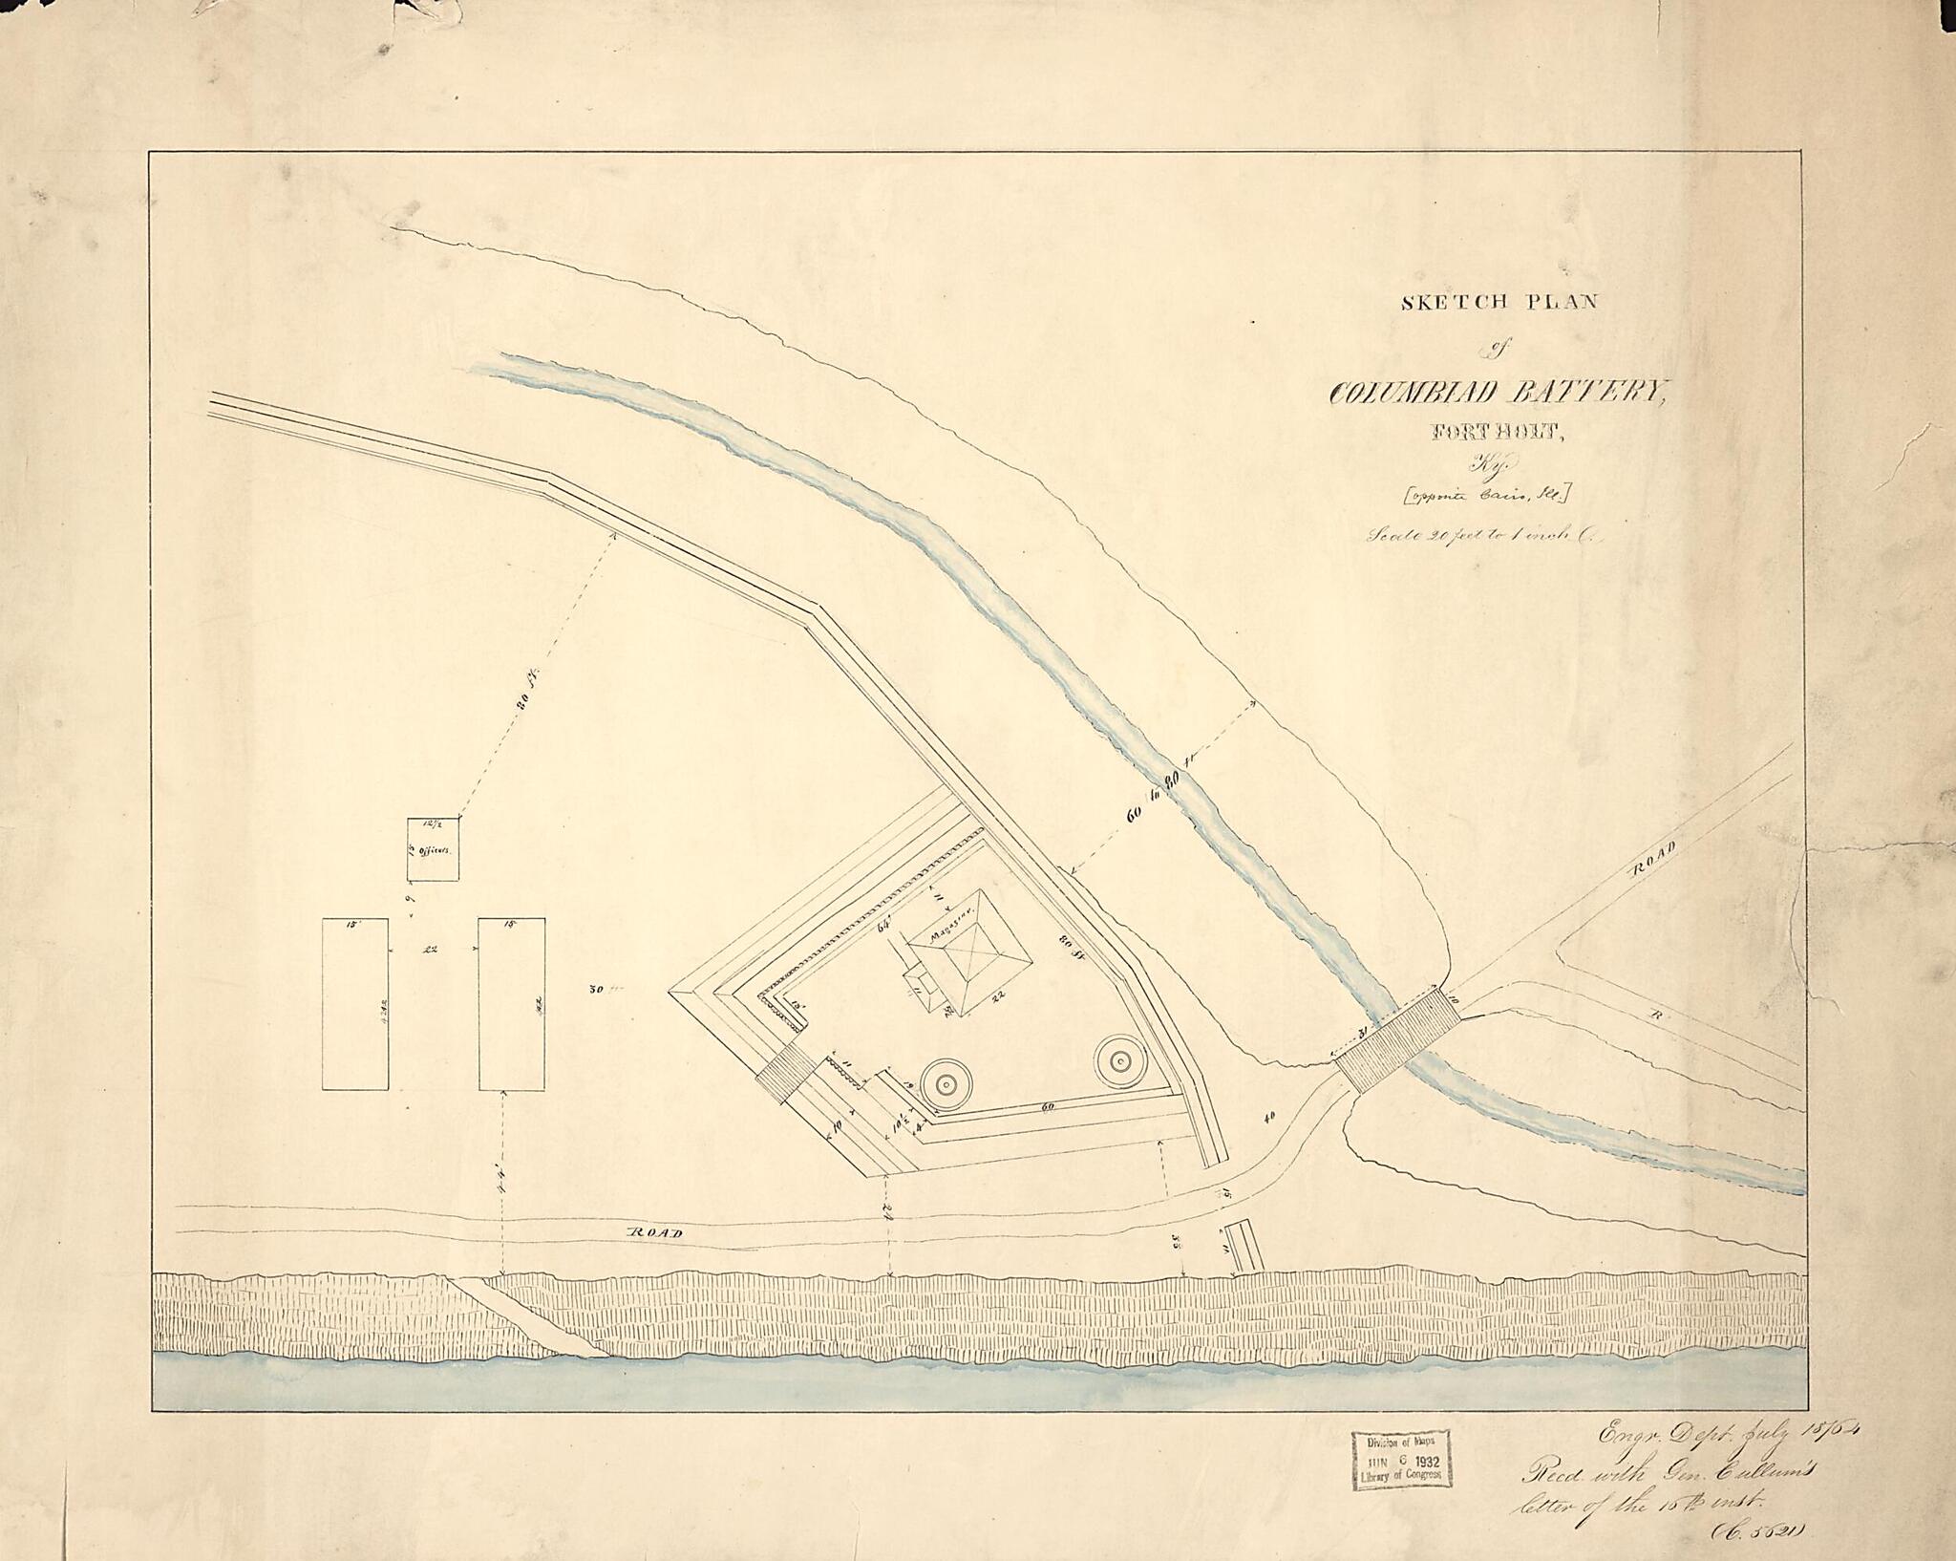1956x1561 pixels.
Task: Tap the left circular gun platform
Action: tap(946, 1083)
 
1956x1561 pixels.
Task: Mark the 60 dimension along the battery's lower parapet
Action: tap(1047, 1107)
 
